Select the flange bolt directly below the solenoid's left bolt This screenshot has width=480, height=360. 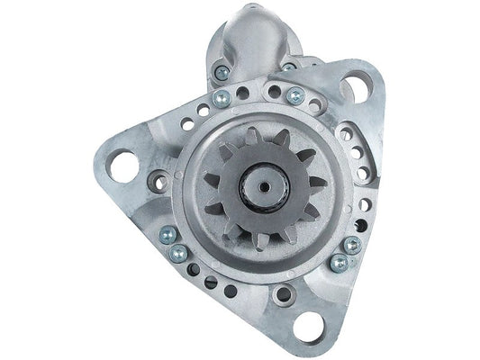[222, 99]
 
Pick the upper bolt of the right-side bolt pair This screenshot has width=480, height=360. [352, 244]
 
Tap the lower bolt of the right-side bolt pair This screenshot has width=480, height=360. [339, 263]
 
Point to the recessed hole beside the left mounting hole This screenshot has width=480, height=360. [159, 182]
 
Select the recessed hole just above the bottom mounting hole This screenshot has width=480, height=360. [285, 293]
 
